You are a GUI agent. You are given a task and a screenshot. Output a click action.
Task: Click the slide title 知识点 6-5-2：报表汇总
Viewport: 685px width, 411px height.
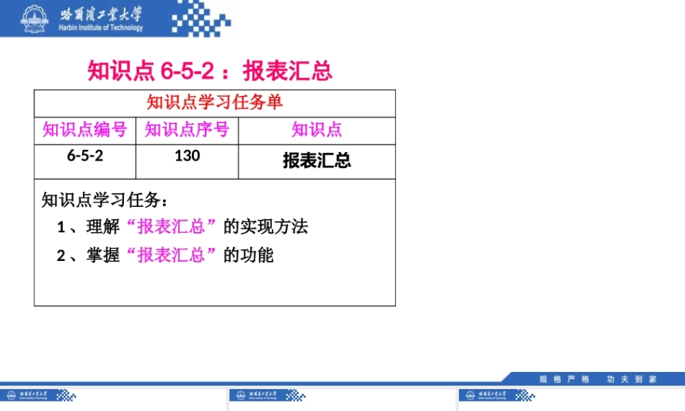[x=210, y=71]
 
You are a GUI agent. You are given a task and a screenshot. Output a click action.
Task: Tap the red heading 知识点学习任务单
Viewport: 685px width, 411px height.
[x=214, y=103]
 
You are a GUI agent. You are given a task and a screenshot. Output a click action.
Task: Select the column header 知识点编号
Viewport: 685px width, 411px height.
[x=85, y=129]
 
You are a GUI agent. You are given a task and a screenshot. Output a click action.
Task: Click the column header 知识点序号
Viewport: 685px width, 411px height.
[x=187, y=129]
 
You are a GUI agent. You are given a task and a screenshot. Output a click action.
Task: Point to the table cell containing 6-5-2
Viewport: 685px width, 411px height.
[x=85, y=155]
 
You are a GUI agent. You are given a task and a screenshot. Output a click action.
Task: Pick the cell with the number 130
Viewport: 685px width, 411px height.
[x=187, y=155]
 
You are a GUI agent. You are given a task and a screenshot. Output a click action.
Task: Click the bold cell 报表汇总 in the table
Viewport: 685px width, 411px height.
[x=316, y=160]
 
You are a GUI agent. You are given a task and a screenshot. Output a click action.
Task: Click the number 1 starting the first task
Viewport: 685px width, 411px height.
[x=61, y=227]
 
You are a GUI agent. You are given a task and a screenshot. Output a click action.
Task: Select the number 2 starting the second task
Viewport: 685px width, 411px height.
[x=61, y=256]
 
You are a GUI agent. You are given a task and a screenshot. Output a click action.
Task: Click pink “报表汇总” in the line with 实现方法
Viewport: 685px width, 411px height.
[x=172, y=227]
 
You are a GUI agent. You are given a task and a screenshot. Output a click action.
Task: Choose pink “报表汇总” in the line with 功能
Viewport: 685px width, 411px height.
[x=172, y=256]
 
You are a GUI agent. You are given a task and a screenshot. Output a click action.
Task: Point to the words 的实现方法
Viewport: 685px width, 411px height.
[x=266, y=227]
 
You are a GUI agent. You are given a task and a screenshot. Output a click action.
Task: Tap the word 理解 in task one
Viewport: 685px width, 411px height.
[x=103, y=227]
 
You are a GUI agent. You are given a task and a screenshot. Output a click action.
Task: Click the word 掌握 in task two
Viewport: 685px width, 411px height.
[x=103, y=256]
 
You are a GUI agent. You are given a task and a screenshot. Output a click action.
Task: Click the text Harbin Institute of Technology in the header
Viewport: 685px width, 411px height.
[x=101, y=28]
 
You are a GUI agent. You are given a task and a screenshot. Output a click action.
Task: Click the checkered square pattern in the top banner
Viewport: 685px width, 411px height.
[x=198, y=18]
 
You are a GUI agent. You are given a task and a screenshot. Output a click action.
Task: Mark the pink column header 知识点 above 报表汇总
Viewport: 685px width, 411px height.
[x=316, y=129]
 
